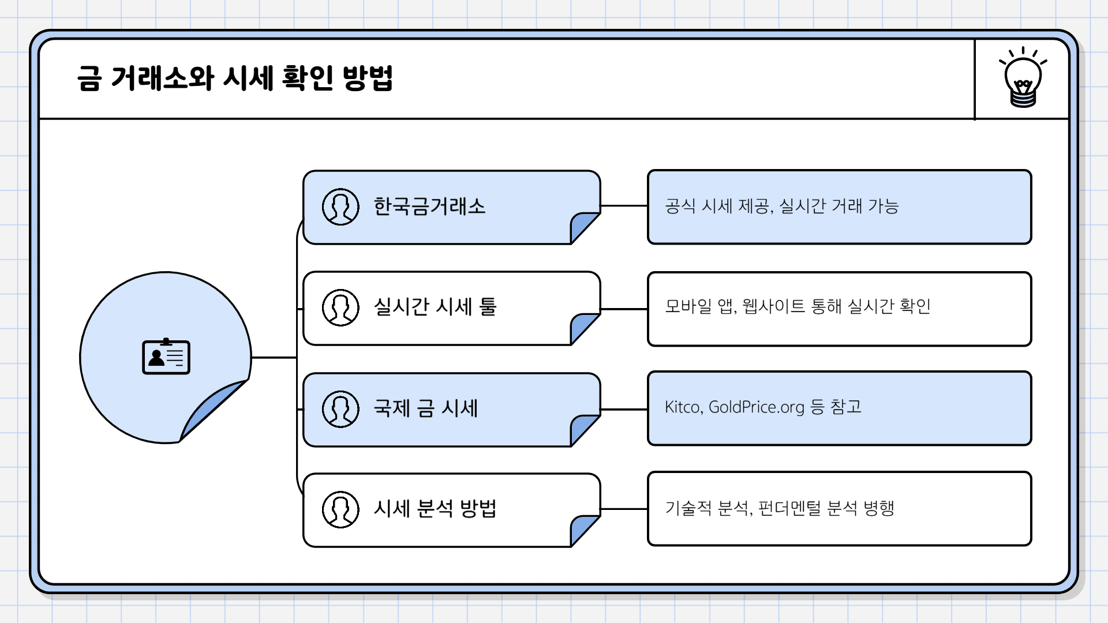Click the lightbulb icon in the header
[1023, 78]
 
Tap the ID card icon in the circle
[166, 357]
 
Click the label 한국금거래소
[429, 207]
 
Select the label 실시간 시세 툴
[435, 307]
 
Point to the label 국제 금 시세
[426, 408]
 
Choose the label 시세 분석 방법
[435, 509]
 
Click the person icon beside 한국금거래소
[340, 207]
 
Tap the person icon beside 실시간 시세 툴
[340, 307]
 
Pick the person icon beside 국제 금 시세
[340, 409]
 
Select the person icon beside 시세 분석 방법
[340, 509]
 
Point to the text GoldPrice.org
[756, 407]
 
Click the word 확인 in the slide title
[308, 78]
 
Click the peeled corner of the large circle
[214, 410]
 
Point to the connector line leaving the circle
[274, 358]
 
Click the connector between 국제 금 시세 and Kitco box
[624, 410]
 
